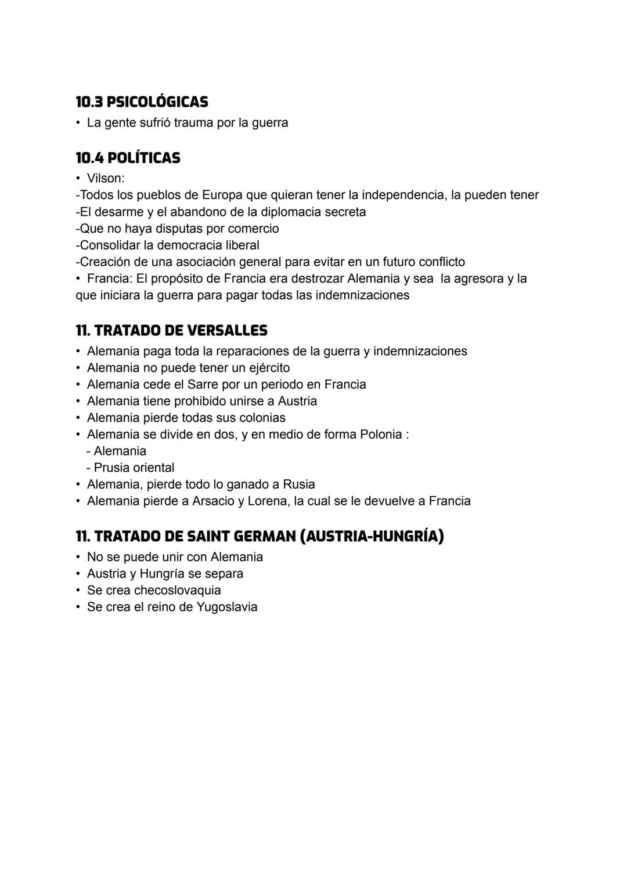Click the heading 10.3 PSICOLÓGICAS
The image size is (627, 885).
click(142, 102)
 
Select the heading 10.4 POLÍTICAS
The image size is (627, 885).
click(128, 158)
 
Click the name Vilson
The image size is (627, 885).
click(105, 178)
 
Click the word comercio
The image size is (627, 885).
click(253, 229)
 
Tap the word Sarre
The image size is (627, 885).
click(202, 385)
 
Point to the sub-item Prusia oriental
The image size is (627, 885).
click(134, 468)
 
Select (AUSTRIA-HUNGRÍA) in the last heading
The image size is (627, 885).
click(372, 536)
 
